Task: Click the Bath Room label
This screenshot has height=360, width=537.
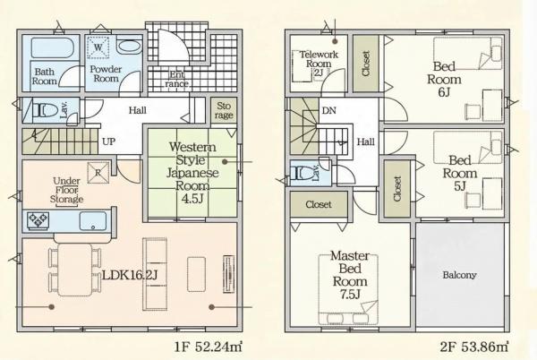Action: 44,76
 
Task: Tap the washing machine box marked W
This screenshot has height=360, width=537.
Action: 98,47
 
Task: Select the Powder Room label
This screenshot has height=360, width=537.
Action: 106,73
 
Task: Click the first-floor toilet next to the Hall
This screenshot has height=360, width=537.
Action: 47,110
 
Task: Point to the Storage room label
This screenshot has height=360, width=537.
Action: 223,110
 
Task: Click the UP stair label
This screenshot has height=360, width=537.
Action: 108,141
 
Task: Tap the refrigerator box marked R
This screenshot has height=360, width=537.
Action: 98,173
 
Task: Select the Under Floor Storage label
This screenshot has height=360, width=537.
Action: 66,190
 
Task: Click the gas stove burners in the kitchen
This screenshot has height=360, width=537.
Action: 38,221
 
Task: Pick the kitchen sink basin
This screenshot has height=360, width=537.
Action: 93,221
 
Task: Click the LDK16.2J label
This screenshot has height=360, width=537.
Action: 130,275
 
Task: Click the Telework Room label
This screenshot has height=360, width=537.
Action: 319,64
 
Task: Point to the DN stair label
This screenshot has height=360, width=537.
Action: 328,111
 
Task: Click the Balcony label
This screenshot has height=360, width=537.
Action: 459,275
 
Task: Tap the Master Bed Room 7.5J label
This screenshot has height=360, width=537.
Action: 350,275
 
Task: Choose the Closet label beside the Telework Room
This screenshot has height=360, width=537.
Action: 366,64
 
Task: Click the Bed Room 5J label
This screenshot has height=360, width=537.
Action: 460,173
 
